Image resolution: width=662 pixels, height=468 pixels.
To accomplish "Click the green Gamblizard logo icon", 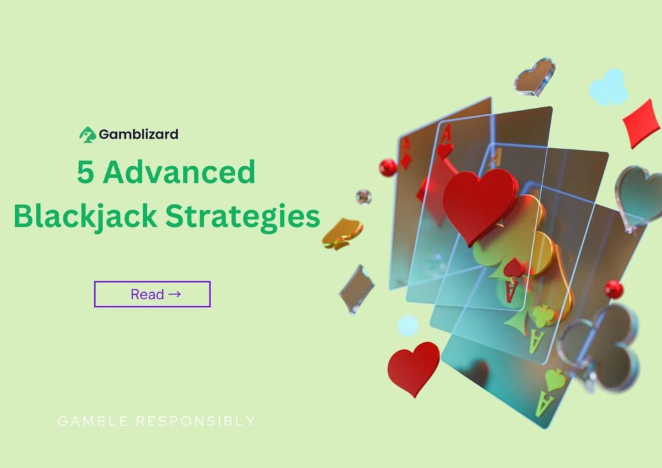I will click(x=87, y=134).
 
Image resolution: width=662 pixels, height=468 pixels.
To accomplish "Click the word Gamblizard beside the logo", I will click(x=138, y=134).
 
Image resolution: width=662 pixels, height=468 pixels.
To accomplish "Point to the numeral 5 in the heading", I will click(x=84, y=173).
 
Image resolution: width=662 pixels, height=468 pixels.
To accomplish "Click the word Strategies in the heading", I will click(x=242, y=217).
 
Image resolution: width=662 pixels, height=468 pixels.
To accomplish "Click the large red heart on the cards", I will click(x=479, y=204).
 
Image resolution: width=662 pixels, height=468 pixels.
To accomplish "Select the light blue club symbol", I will click(x=608, y=88).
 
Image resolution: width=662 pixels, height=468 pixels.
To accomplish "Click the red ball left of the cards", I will click(x=388, y=167).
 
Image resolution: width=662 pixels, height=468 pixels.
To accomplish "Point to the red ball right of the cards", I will click(x=614, y=289).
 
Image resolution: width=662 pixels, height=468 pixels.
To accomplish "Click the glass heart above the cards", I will click(x=535, y=77).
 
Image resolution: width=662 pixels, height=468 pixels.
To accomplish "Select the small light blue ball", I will click(x=407, y=325).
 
